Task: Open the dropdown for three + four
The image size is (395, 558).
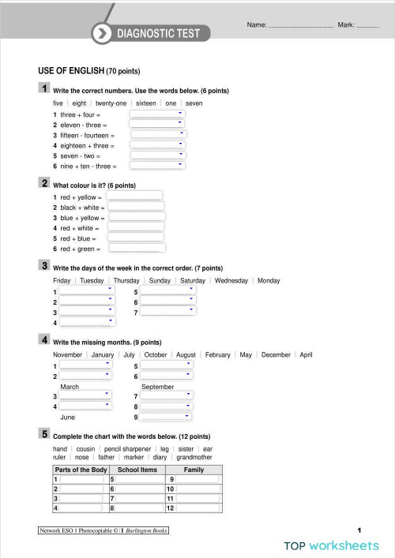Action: pyautogui.click(x=157, y=114)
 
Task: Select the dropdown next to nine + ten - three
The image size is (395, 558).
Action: pyautogui.click(x=157, y=166)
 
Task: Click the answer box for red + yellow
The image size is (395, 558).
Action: pyautogui.click(x=134, y=196)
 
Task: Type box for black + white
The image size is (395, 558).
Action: pyautogui.click(x=136, y=207)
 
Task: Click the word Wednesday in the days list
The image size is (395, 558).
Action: pyautogui.click(x=231, y=280)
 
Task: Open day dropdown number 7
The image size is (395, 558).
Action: pyautogui.click(x=167, y=312)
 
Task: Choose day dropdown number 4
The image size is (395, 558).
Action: pyautogui.click(x=87, y=322)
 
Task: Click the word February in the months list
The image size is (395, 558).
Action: pyautogui.click(x=217, y=355)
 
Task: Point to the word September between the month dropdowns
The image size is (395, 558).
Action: pyautogui.click(x=158, y=387)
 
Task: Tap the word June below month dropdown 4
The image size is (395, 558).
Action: pyautogui.click(x=68, y=417)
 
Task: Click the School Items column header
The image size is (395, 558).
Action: pyautogui.click(x=137, y=470)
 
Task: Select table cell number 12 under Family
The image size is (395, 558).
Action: pyautogui.click(x=197, y=509)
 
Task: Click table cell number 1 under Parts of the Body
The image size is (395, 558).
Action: pyautogui.click(x=81, y=479)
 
